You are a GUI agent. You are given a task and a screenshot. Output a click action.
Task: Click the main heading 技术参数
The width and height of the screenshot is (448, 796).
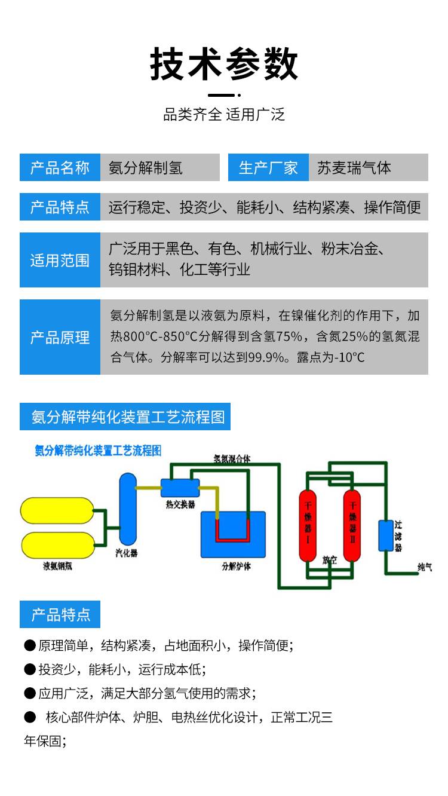224,64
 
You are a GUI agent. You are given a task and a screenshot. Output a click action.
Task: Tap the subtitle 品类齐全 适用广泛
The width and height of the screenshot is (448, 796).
224,114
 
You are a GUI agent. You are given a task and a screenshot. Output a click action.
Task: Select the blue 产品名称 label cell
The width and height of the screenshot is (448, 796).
60,168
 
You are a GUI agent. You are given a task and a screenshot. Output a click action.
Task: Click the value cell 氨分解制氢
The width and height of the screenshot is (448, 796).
146,168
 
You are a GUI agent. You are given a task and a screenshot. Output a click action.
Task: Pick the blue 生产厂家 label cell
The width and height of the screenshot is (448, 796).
268,168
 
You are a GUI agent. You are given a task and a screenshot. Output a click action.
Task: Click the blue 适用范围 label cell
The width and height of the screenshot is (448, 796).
60,260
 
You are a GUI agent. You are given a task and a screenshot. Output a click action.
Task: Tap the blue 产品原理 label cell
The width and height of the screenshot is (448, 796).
60,338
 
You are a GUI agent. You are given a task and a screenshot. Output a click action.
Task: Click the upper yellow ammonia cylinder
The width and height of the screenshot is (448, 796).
57,511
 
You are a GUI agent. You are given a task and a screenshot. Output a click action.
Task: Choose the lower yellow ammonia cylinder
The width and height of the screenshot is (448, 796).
57,544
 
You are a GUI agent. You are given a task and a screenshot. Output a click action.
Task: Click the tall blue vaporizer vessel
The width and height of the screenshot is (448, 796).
128,508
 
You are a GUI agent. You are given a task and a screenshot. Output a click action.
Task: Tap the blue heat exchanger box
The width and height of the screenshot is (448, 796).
180,488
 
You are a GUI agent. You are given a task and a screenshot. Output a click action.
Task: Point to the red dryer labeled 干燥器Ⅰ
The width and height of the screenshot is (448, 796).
308,526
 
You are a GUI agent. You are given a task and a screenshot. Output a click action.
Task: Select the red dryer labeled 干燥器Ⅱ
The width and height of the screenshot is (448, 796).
352,526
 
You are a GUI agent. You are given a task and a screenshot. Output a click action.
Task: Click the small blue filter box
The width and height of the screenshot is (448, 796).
386,535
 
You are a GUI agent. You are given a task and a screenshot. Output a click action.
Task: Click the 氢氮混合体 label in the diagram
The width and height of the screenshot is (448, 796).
232,459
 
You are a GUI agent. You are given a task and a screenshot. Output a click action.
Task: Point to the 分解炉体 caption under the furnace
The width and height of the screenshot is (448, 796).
236,566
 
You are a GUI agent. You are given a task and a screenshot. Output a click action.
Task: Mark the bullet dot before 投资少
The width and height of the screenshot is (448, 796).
30,669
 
